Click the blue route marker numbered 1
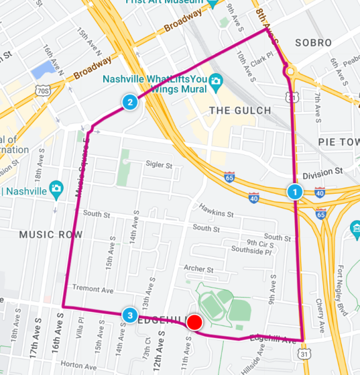(x=294, y=192)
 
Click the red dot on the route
(x=194, y=322)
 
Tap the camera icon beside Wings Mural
(x=216, y=81)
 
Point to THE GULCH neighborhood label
(x=240, y=111)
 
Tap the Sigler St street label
(x=158, y=165)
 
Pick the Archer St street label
(x=199, y=269)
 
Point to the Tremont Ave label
(x=92, y=289)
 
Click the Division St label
(x=322, y=172)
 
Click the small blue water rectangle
(x=45, y=69)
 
